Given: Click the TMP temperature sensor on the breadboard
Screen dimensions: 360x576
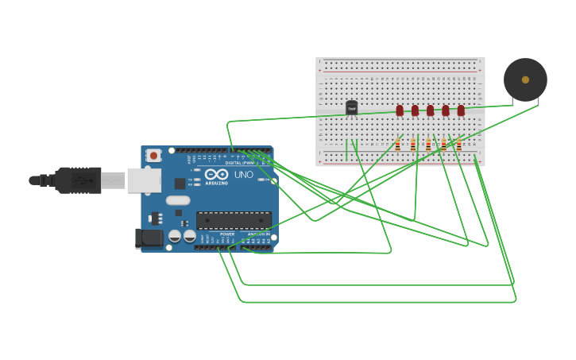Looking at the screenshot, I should click(352, 108).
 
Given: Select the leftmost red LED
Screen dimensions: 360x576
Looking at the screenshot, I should click(400, 110).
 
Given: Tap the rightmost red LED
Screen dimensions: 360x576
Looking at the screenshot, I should click(461, 110).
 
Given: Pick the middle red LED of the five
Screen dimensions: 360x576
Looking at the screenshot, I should click(430, 110).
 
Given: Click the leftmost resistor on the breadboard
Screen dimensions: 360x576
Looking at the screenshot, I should click(397, 145).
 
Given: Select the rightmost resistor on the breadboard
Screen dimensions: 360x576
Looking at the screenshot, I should click(458, 145).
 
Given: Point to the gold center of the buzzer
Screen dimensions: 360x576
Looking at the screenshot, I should click(525, 79).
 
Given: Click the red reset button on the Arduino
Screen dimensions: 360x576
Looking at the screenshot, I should click(153, 156).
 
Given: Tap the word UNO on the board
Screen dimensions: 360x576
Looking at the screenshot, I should click(242, 174).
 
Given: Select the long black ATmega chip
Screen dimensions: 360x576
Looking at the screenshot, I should click(234, 220).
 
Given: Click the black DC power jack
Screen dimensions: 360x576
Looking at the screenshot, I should click(149, 238).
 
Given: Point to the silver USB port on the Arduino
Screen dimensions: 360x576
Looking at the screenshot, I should click(144, 180).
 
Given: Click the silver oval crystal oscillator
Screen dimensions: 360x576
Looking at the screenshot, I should click(178, 200).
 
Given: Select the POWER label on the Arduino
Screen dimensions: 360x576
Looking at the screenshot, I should click(227, 234).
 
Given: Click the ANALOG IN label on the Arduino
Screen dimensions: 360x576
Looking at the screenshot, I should click(258, 234).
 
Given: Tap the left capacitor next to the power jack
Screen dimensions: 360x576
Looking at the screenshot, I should click(176, 236).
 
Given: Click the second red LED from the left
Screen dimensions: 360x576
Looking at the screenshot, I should click(415, 110).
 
